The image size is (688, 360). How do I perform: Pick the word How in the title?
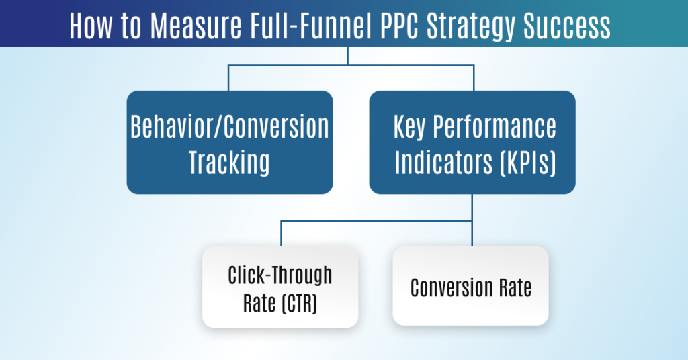[90, 26]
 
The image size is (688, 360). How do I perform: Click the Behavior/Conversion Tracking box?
[230, 142]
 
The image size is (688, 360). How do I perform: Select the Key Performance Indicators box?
[472, 142]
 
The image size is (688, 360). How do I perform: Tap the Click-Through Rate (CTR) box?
[280, 287]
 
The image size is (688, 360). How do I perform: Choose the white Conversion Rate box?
[471, 287]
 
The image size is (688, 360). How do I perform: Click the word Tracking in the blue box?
[229, 162]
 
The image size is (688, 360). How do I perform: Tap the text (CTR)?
[298, 303]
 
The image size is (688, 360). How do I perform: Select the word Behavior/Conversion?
[230, 126]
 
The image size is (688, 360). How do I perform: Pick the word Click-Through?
[280, 275]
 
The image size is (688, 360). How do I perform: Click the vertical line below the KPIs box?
[472, 208]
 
